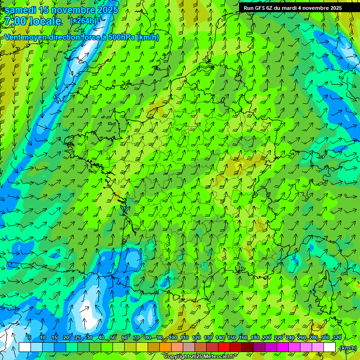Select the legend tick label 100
point(173,338)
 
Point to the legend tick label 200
point(267,338)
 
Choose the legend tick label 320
point(337,338)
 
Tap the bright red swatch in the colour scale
point(224,347)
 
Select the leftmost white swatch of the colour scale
point(25,347)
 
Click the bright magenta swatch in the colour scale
point(283,347)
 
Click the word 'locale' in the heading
point(44,21)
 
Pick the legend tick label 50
point(113,338)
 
